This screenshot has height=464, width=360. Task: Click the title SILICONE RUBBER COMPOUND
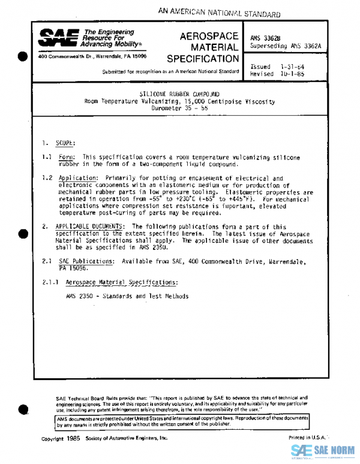[179, 94]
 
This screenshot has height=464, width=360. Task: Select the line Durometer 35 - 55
[179, 109]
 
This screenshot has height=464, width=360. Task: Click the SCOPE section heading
[65, 143]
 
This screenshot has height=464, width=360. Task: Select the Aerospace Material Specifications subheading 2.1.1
[122, 282]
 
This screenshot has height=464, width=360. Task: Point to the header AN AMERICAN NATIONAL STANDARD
[220, 12]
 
